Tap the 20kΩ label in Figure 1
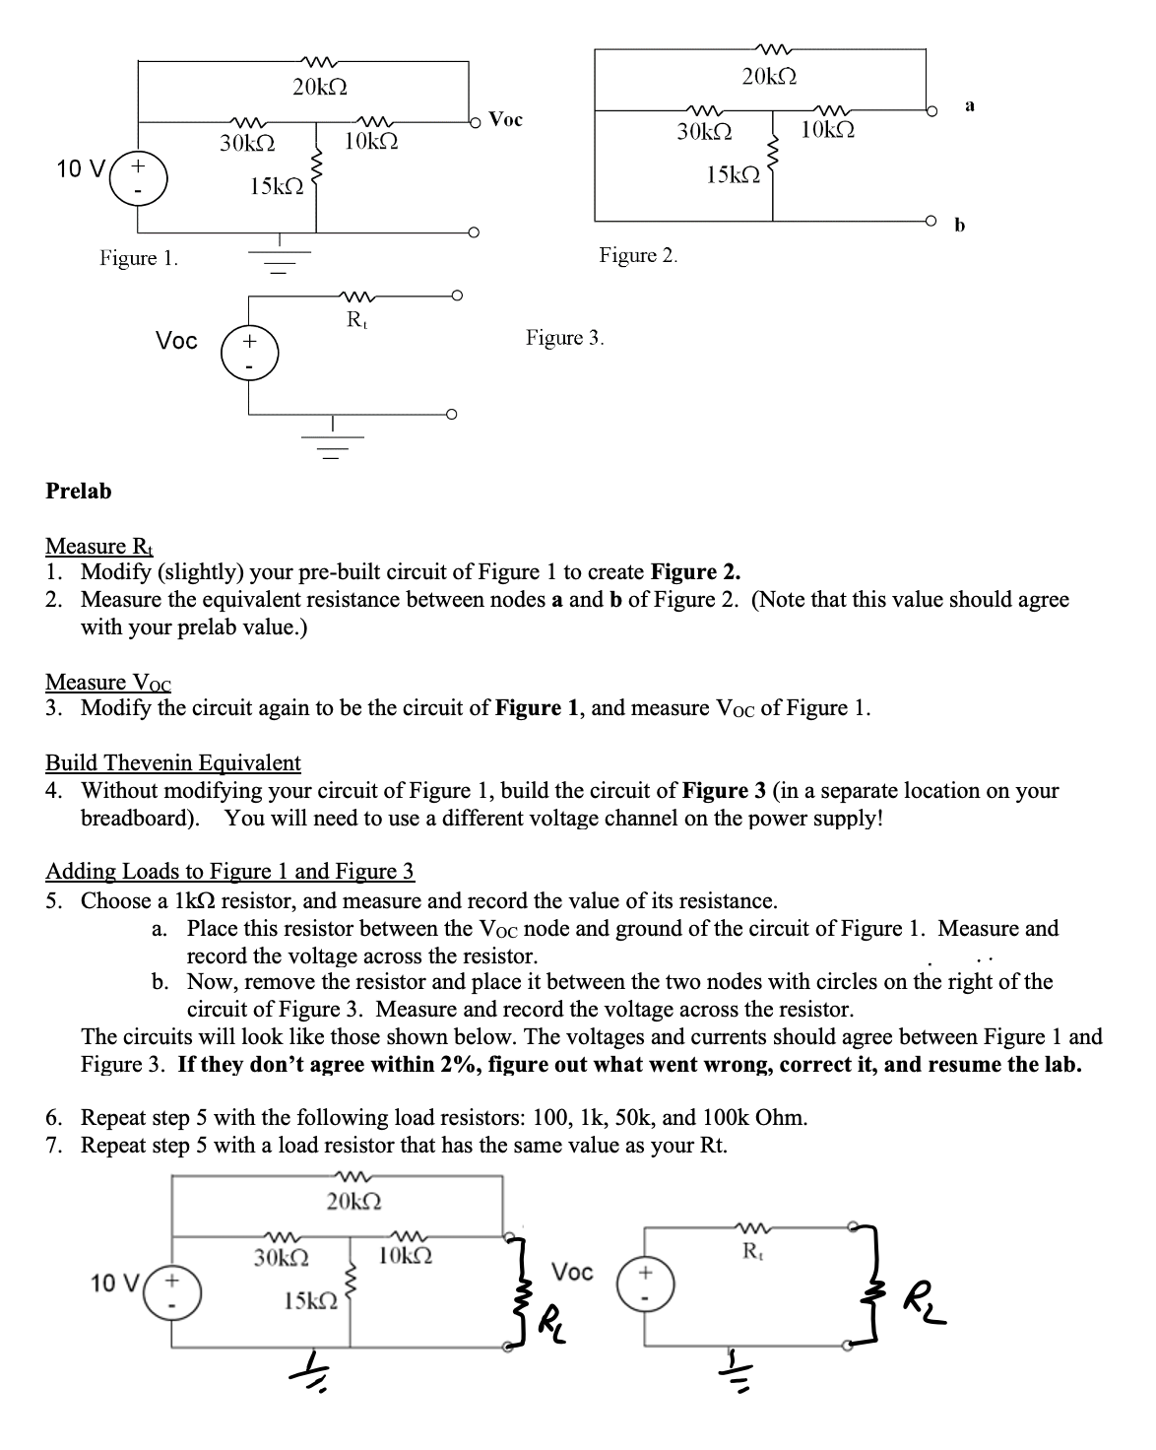pyautogui.click(x=320, y=86)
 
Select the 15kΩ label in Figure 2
pyautogui.click(x=734, y=175)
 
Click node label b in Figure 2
pyautogui.click(x=961, y=226)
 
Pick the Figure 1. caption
pyautogui.click(x=139, y=258)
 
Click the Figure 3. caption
pyautogui.click(x=565, y=338)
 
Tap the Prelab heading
pyautogui.click(x=79, y=491)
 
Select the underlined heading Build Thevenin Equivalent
pyautogui.click(x=173, y=762)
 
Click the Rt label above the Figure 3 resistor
pyautogui.click(x=354, y=319)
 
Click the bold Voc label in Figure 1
pyautogui.click(x=506, y=120)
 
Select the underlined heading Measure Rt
pyautogui.click(x=99, y=546)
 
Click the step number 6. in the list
pyautogui.click(x=55, y=1118)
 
